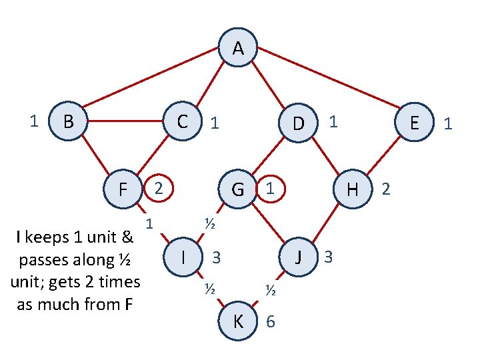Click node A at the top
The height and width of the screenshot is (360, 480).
(x=238, y=48)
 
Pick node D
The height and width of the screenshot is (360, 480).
(x=299, y=123)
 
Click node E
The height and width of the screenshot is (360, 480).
(x=415, y=123)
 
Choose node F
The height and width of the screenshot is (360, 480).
(x=123, y=189)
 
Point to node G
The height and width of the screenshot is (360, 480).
(x=237, y=189)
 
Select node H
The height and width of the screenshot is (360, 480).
(x=353, y=189)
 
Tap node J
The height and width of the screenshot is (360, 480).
(x=299, y=257)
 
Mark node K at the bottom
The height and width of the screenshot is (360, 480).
(x=238, y=321)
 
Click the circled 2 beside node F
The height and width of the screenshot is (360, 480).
(x=158, y=189)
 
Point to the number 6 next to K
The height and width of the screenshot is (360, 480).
(x=270, y=321)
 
